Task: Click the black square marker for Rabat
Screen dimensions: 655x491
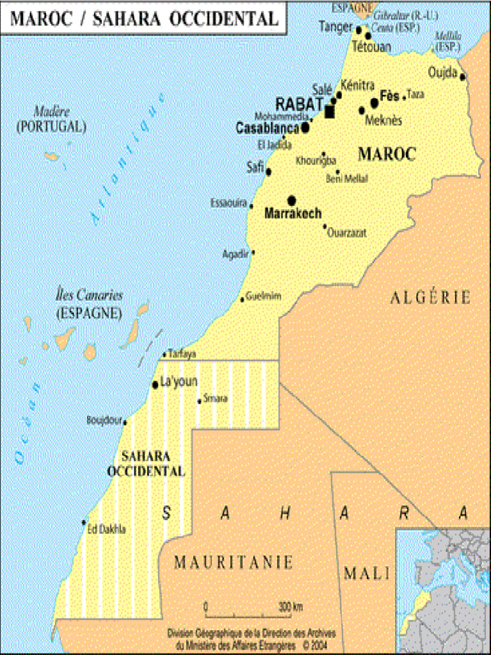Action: tap(330, 113)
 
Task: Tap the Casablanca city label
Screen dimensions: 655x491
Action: tap(267, 128)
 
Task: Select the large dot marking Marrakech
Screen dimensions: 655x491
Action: tap(292, 200)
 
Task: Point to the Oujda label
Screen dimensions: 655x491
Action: tap(443, 73)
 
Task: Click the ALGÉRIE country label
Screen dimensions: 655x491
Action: tap(430, 297)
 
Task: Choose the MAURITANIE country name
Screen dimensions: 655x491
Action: tap(233, 563)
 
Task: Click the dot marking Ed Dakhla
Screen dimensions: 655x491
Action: tap(84, 522)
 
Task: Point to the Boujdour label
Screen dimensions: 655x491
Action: tap(103, 420)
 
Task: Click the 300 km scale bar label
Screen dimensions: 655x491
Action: tap(290, 606)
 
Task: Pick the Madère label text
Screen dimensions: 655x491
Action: tap(52, 112)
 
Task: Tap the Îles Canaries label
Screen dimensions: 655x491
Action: tap(89, 296)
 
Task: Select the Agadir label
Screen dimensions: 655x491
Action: tap(235, 254)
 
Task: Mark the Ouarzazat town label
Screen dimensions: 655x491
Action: tap(347, 233)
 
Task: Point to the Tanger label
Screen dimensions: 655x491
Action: tap(336, 26)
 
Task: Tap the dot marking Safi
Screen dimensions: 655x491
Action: tap(269, 171)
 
